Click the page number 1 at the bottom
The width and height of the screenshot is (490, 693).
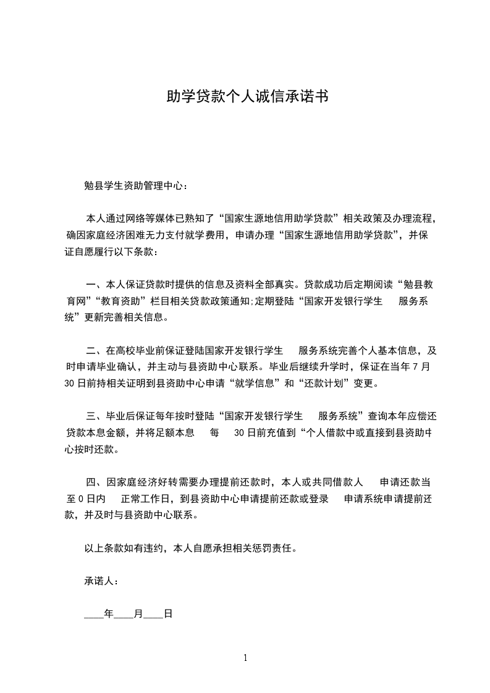point(245,657)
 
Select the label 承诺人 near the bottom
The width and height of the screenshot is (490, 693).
point(99,581)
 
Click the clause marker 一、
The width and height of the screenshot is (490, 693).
point(94,285)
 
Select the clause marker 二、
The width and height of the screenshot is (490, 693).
point(94,350)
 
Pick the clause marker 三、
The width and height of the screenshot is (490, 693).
point(94,415)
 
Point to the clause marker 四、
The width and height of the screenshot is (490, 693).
point(94,481)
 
